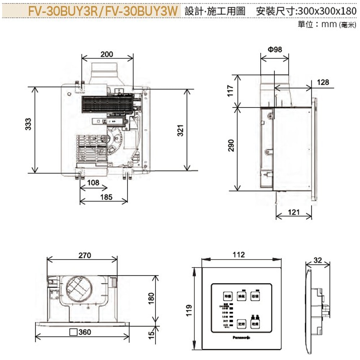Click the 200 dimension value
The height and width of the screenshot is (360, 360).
(107, 54)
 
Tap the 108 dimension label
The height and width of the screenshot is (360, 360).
(93, 183)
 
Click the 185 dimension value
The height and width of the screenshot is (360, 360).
(107, 197)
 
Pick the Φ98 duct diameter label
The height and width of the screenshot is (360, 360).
(275, 49)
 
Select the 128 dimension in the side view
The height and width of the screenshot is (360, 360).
(323, 82)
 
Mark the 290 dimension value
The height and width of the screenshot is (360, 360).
(231, 145)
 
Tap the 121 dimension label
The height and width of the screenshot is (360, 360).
(294, 212)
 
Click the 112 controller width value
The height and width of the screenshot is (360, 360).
(239, 255)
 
